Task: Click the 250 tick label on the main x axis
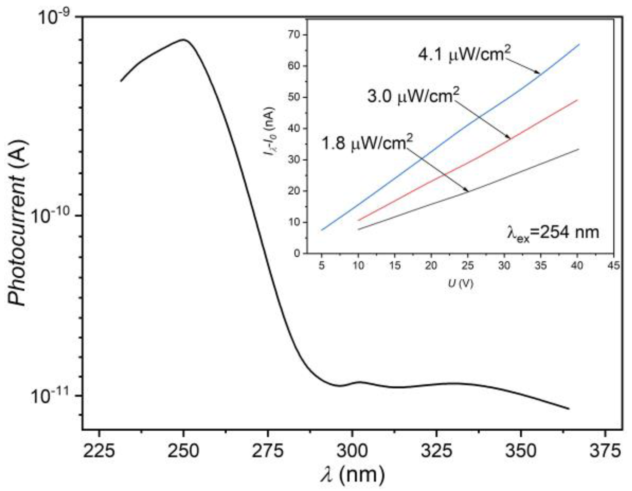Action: (x=183, y=451)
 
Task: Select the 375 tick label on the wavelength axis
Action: (x=606, y=451)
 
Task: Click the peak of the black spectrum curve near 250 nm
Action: (x=183, y=39)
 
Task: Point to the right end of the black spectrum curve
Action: (x=569, y=409)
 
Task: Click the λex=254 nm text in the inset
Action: (x=553, y=233)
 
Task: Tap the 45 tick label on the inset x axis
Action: (x=614, y=265)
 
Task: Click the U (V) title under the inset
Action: (x=460, y=283)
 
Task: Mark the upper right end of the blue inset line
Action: (x=579, y=44)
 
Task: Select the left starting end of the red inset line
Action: (x=358, y=221)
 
